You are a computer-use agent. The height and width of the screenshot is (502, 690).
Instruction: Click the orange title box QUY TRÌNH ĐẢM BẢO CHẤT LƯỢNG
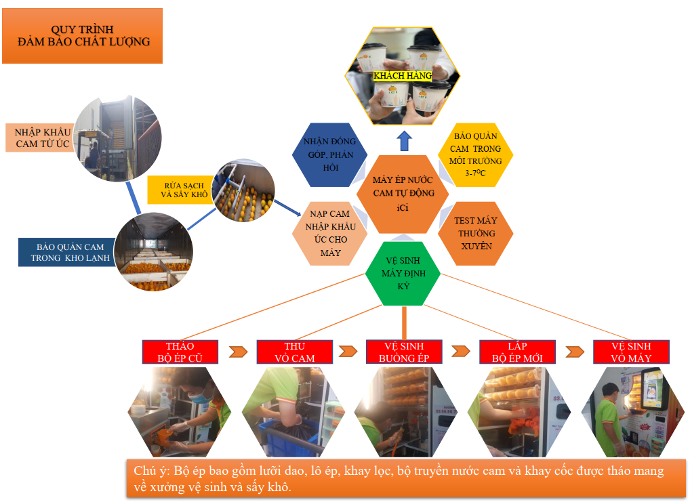[x=82, y=36]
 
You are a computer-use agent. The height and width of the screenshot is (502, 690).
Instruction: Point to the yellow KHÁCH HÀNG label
[x=403, y=76]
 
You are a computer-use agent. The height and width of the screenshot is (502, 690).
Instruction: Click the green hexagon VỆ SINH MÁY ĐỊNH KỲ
[x=403, y=274]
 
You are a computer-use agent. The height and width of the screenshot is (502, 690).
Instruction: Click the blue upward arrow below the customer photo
[x=404, y=141]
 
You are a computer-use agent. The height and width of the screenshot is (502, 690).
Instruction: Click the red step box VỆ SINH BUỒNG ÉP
[x=404, y=352]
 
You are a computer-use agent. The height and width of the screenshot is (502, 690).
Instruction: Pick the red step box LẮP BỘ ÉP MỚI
[x=518, y=352]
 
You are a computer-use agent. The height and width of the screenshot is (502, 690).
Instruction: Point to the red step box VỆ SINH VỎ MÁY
[x=631, y=352]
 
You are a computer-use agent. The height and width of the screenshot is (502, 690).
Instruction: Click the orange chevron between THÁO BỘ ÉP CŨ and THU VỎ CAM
[x=238, y=352]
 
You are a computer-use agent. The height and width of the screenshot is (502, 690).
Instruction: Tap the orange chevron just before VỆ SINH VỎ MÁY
[x=575, y=352]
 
